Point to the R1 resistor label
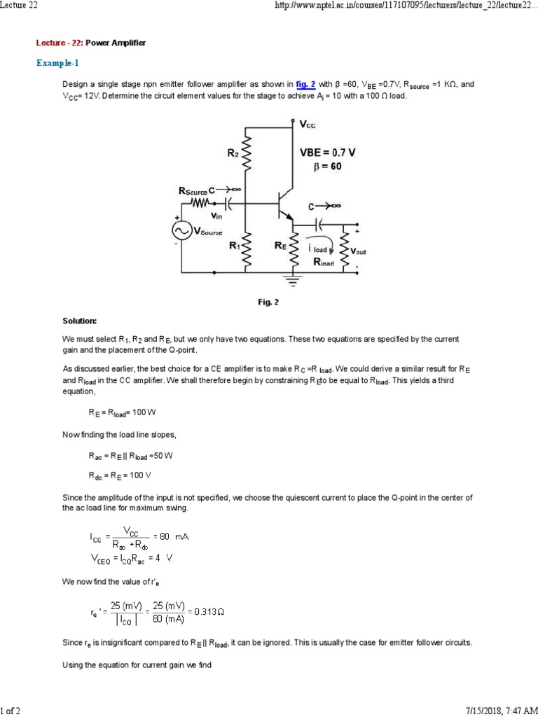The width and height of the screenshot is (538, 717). [x=235, y=246]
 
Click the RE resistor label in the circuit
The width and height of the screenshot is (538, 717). [x=280, y=246]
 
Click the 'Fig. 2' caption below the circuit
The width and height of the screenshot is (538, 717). [x=269, y=302]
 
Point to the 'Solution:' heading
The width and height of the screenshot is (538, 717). [x=80, y=321]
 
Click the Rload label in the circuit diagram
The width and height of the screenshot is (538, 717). [x=324, y=262]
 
